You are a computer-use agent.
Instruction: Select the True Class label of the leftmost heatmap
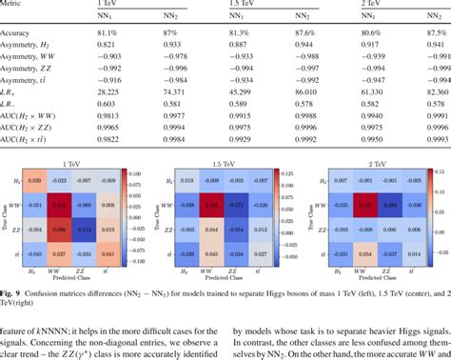5,215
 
